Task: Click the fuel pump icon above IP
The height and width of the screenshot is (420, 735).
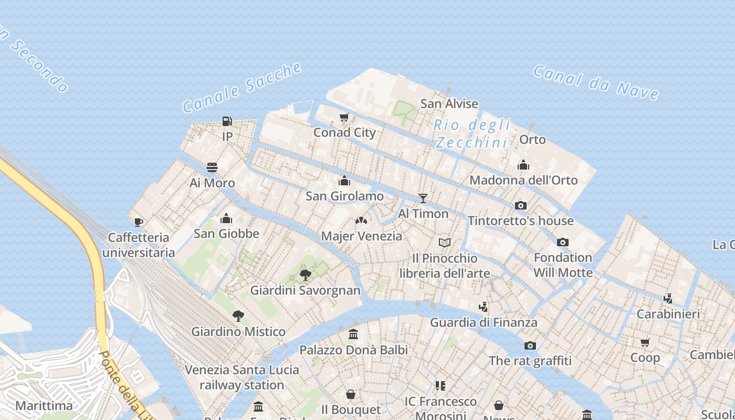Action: point(227,121)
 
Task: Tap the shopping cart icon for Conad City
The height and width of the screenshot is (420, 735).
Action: point(344,117)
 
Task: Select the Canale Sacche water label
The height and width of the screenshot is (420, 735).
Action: point(242,88)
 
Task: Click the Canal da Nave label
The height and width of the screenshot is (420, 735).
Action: point(596,82)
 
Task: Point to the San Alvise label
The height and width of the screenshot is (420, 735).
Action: point(449,104)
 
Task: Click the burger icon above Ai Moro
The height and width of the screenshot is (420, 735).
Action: point(212,167)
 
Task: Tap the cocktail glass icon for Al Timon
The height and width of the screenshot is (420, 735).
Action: point(423,198)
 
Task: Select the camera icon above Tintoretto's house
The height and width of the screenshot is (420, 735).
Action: point(520,205)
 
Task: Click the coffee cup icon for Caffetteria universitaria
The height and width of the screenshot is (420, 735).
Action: point(139,222)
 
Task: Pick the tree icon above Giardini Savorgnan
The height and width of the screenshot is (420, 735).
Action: point(305,275)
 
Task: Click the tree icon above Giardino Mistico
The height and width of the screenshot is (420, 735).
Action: point(238,316)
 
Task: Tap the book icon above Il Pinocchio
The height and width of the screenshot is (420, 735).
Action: point(445,243)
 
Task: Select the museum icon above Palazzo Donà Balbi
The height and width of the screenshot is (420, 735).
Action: point(353,334)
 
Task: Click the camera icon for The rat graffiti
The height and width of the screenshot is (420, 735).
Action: point(530,345)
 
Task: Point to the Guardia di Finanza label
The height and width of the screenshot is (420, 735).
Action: point(484,322)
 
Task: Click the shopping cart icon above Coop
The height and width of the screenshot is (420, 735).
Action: point(645,342)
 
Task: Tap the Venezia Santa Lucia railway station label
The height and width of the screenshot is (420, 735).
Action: point(242,377)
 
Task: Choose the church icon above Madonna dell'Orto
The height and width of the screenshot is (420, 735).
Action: point(523,165)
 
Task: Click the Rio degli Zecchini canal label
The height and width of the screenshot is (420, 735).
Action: point(472,133)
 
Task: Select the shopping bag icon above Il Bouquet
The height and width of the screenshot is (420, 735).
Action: point(351,394)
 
